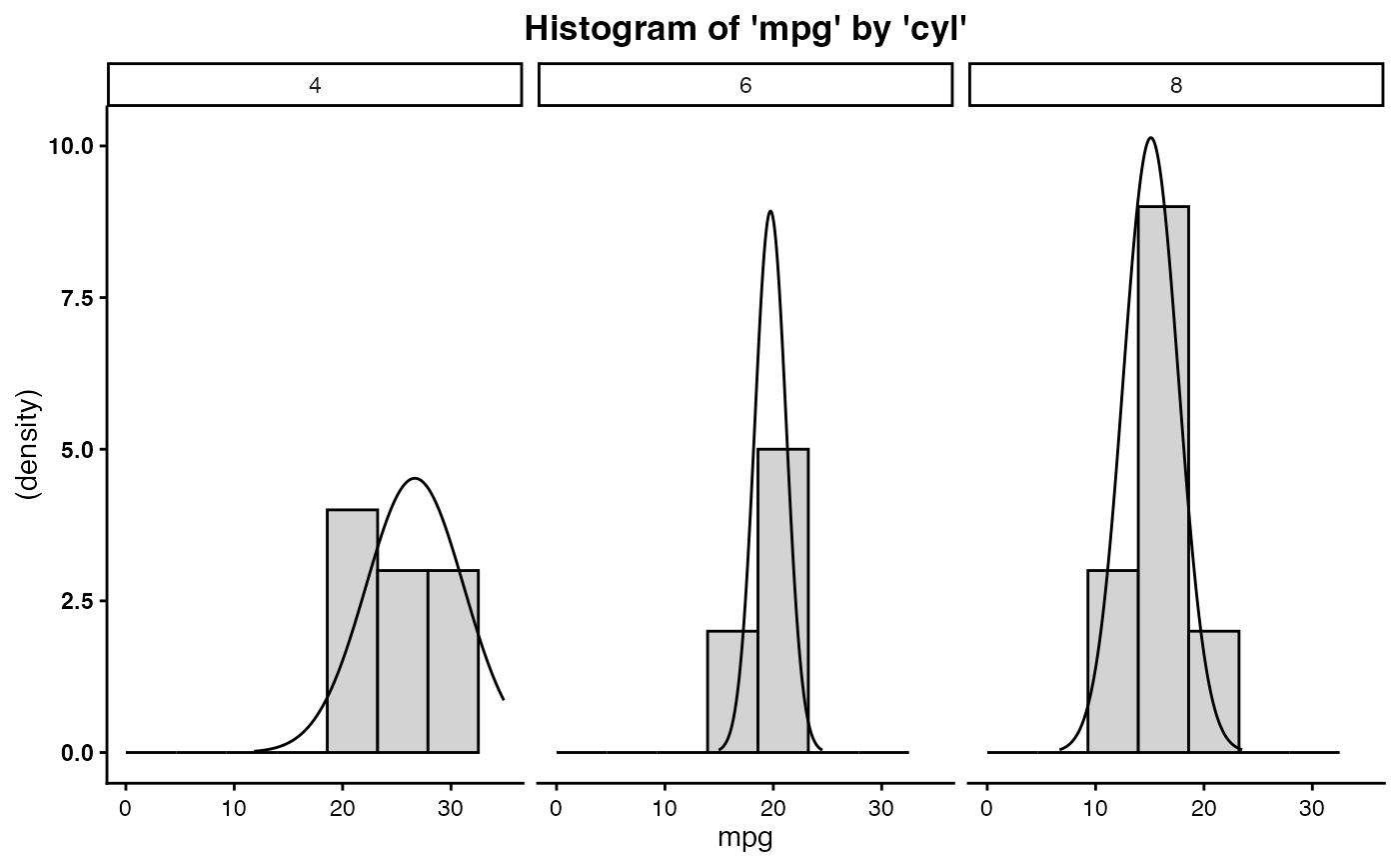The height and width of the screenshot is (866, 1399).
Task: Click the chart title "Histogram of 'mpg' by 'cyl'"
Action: tap(746, 29)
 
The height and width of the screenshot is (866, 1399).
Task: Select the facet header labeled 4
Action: tap(315, 85)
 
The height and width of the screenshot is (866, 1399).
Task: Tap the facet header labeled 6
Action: tap(745, 85)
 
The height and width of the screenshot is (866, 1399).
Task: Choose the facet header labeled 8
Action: tap(1176, 85)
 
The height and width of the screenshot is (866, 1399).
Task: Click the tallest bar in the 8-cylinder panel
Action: tap(1163, 480)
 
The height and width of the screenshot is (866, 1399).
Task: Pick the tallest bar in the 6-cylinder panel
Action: tap(782, 600)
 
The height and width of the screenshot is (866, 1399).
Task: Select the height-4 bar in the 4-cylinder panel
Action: tap(352, 630)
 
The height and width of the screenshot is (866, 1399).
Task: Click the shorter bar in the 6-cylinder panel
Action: tap(732, 691)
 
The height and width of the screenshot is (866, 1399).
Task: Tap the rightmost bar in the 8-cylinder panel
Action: tap(1213, 691)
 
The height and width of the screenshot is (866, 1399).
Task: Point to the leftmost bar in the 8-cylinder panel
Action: tap(1112, 661)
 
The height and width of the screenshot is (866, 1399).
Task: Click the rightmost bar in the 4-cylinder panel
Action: tap(453, 661)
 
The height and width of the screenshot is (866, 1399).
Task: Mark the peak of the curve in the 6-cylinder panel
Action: tap(770, 211)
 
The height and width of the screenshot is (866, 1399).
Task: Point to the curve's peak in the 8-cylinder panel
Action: tap(1151, 138)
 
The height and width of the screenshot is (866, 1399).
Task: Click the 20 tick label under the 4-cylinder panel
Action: tap(343, 808)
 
